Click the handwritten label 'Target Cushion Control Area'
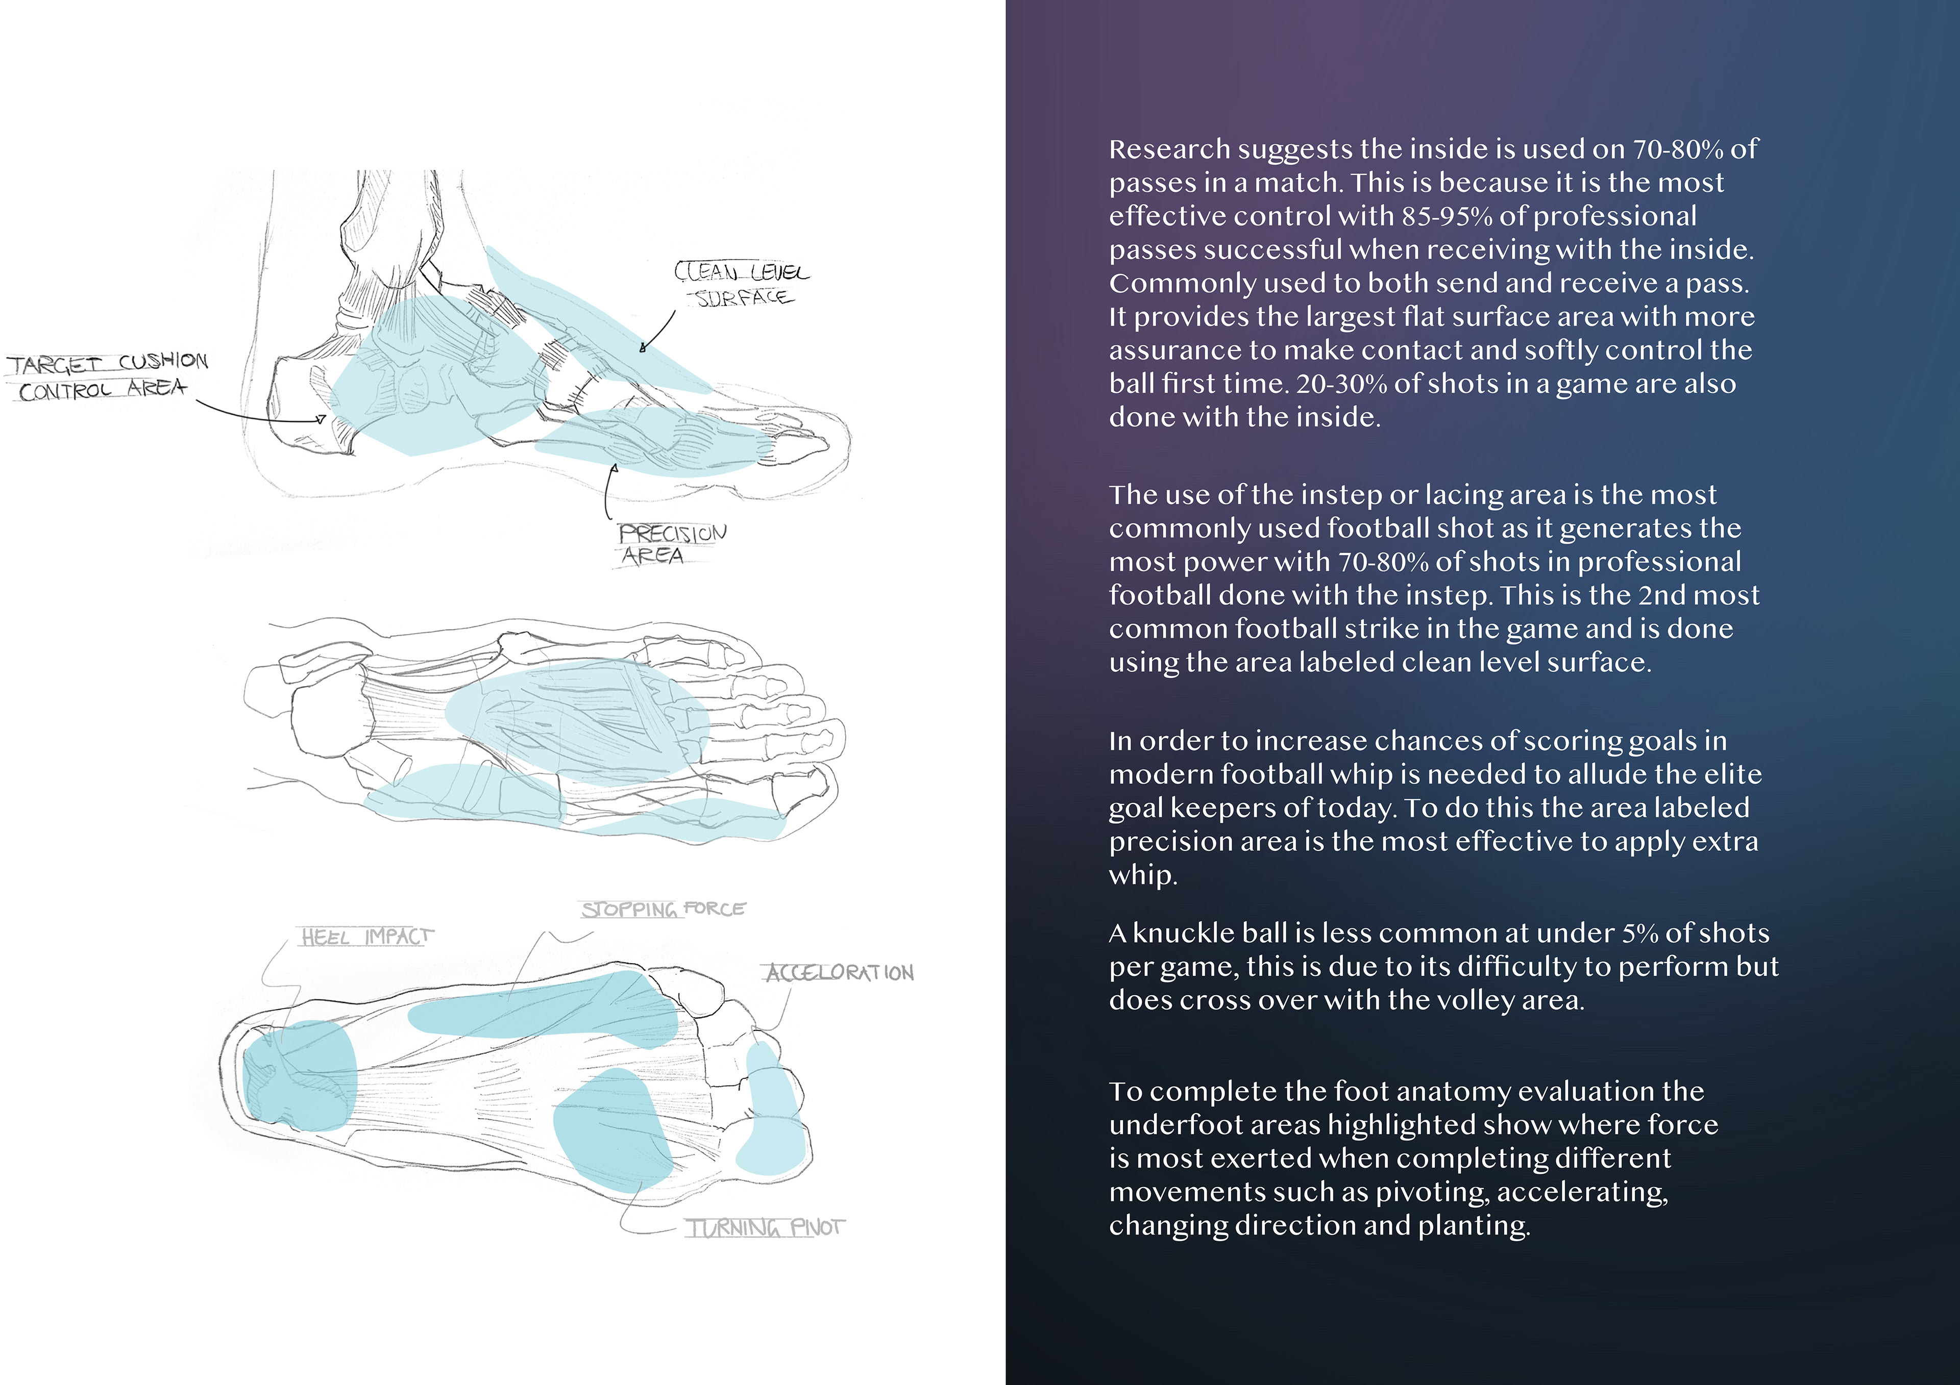107,375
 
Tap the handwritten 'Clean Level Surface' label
741,284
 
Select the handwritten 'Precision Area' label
672,544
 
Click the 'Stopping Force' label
663,909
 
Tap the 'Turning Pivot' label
765,1228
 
